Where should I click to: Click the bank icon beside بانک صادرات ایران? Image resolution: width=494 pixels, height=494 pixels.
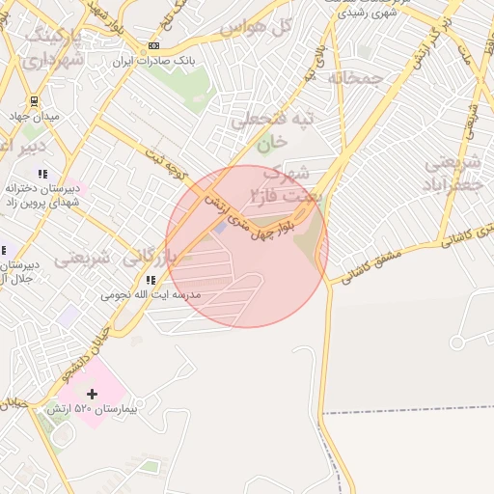[153, 46]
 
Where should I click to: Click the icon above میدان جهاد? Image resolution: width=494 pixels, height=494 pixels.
[34, 100]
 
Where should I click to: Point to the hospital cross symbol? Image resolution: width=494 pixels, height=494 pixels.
[93, 394]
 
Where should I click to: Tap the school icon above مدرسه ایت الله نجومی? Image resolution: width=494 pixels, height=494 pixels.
[151, 280]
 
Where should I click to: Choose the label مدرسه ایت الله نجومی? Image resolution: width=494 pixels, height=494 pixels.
[151, 293]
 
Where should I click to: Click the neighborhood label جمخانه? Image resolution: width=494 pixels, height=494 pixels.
[356, 77]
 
